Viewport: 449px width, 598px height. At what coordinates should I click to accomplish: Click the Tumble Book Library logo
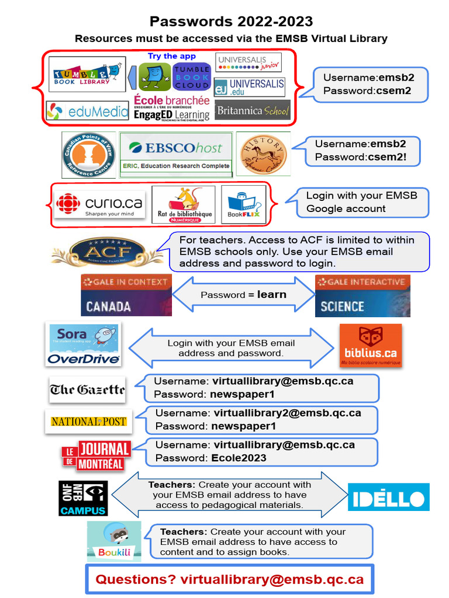coord(87,74)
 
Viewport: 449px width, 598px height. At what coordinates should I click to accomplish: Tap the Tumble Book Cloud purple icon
coord(191,77)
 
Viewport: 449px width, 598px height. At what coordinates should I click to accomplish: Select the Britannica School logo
coord(253,110)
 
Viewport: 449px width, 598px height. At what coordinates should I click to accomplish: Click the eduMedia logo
coord(88,110)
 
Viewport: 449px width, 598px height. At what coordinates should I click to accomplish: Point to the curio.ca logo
coord(99,204)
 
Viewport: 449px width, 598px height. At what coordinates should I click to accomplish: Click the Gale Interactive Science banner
coord(362,295)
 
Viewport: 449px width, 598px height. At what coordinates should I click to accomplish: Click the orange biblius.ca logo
coord(371,345)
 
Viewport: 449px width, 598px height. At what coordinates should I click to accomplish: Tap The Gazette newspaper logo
coord(88,390)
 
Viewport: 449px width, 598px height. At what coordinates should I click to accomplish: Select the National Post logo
coord(89,421)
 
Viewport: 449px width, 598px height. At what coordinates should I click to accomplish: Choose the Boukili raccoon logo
coord(115,541)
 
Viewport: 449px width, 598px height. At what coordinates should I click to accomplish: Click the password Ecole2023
coord(239,458)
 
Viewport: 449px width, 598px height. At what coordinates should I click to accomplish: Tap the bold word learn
coord(271,294)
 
